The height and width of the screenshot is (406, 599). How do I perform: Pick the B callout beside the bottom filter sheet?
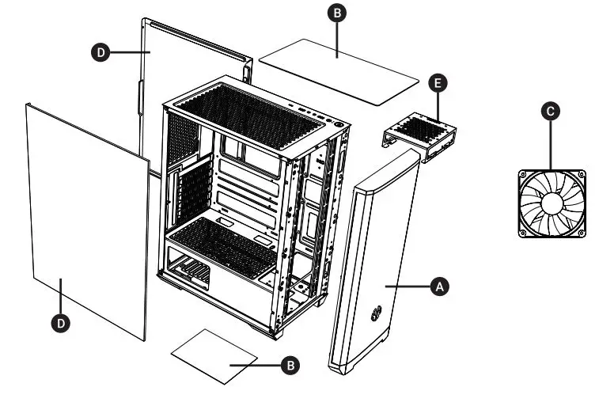(291, 365)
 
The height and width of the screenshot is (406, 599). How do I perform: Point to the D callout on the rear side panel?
(100, 52)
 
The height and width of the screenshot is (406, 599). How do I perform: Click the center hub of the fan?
(552, 203)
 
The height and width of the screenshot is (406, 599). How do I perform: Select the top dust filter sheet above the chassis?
(338, 71)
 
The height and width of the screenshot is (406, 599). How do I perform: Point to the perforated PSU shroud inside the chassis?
(222, 241)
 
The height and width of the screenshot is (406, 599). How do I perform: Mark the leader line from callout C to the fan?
(552, 143)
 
